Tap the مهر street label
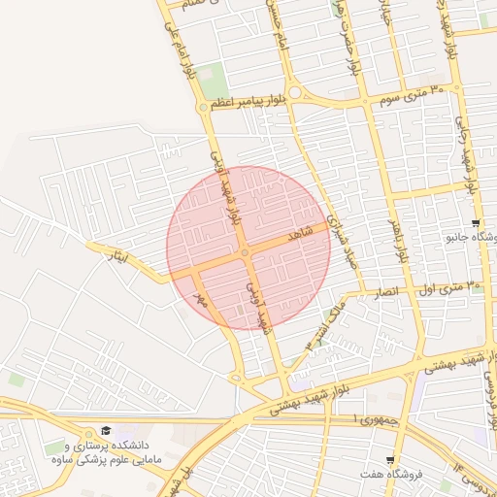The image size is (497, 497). pyautogui.click(x=201, y=300)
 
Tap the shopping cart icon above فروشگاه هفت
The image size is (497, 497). pyautogui.click(x=390, y=460)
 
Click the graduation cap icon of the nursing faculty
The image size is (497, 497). pyautogui.click(x=105, y=431)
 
